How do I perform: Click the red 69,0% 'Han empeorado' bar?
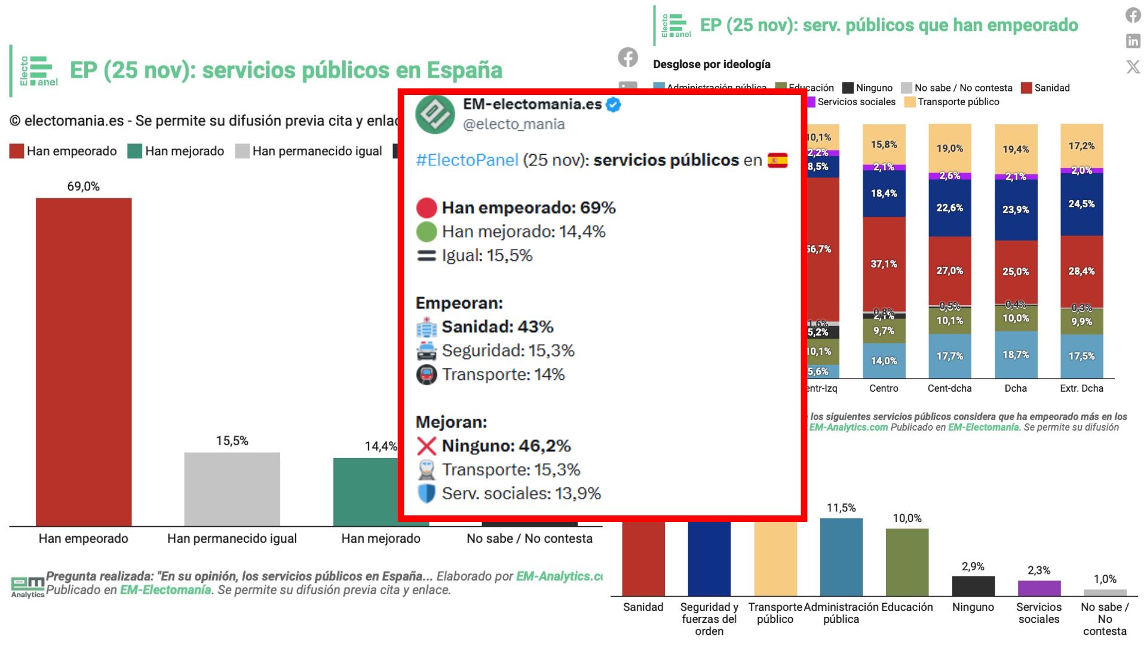(x=84, y=361)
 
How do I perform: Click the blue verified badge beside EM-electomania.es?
(x=614, y=105)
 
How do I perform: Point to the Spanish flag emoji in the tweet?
(x=777, y=161)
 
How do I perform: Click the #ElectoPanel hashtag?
(x=467, y=161)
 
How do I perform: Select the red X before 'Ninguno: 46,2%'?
(x=427, y=446)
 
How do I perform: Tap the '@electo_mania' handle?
(x=514, y=124)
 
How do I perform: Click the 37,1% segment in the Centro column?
(x=884, y=263)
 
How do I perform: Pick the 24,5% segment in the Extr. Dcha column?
(x=1081, y=204)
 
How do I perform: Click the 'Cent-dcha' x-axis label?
(x=949, y=388)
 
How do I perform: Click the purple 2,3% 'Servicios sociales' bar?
(x=1039, y=588)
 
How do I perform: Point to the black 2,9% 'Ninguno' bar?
(x=973, y=586)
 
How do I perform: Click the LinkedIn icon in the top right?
(x=1133, y=41)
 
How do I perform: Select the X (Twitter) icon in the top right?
(x=1133, y=66)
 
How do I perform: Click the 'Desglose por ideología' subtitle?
(x=711, y=64)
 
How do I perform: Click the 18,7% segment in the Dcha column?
(x=1016, y=355)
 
